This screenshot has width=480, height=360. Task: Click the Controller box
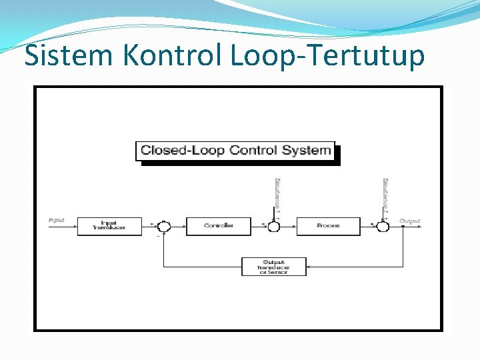point(219,226)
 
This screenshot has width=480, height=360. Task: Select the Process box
point(328,226)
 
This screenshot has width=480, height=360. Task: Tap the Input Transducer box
point(109,226)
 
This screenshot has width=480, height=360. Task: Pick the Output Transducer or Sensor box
point(274,267)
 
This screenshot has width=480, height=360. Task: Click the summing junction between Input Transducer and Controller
point(164,227)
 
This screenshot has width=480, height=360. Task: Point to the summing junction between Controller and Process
point(273,227)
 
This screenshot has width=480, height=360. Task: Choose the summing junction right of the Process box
point(383,227)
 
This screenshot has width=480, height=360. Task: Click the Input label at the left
point(56,219)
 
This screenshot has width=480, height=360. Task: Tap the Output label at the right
point(410,219)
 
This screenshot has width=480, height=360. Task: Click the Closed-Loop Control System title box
point(235,151)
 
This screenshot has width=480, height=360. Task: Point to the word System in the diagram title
point(307,150)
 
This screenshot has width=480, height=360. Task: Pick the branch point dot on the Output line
point(403,227)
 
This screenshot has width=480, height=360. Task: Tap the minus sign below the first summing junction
point(158,235)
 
